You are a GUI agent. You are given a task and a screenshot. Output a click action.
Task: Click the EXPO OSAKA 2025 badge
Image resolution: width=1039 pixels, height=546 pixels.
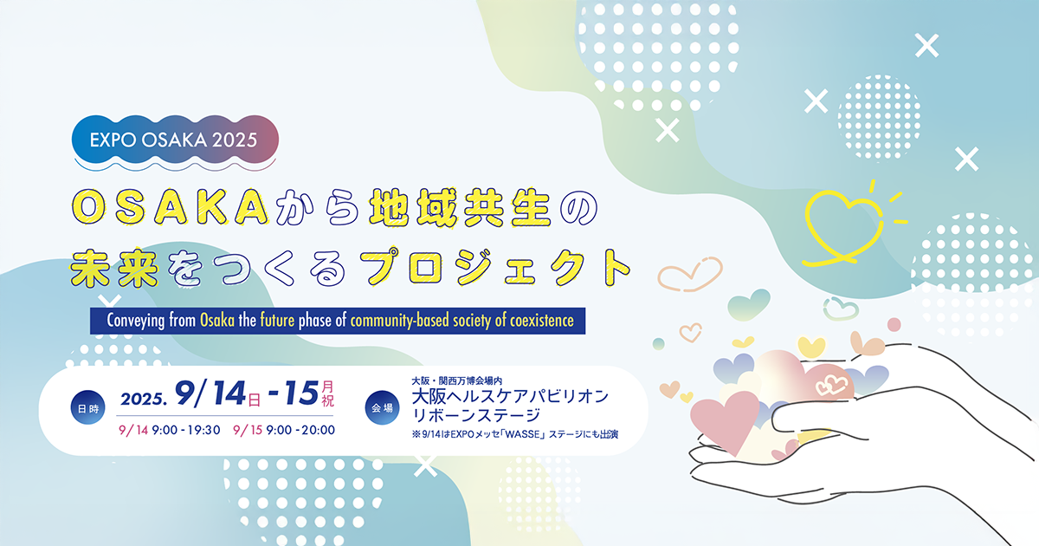pyautogui.click(x=175, y=140)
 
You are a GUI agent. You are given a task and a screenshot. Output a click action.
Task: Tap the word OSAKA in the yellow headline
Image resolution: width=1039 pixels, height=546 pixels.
pyautogui.click(x=171, y=207)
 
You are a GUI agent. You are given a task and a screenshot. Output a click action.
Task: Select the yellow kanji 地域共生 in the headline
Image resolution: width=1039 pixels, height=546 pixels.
pyautogui.click(x=460, y=207)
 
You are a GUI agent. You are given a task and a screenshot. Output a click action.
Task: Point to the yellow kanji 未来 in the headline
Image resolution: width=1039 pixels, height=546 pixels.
pyautogui.click(x=114, y=268)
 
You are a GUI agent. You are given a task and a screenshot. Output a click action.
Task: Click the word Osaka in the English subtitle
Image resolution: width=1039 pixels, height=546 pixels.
pyautogui.click(x=217, y=321)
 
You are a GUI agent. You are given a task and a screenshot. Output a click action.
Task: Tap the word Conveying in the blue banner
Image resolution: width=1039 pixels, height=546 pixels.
pyautogui.click(x=135, y=321)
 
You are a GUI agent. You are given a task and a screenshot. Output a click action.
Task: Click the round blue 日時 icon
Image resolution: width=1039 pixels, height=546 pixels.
pyautogui.click(x=87, y=407)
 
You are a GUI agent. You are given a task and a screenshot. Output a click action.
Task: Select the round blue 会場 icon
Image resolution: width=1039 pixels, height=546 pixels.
pyautogui.click(x=382, y=407)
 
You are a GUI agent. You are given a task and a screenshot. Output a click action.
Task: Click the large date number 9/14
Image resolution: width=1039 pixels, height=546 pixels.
pyautogui.click(x=210, y=393)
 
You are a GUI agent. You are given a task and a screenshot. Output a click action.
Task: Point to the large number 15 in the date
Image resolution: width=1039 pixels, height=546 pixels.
pyautogui.click(x=301, y=393)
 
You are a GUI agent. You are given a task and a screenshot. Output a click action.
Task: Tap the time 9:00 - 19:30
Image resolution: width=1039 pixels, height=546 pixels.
pyautogui.click(x=186, y=431)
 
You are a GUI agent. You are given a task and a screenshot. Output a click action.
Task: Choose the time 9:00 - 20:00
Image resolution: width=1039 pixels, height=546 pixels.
pyautogui.click(x=300, y=431)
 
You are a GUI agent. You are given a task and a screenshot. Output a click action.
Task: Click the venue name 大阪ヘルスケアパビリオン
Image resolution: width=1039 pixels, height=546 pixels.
pyautogui.click(x=510, y=397)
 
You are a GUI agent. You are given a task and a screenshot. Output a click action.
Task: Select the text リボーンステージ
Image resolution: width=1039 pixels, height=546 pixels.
pyautogui.click(x=476, y=415)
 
